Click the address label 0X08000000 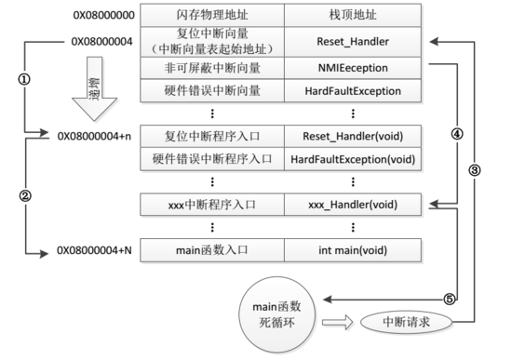point(98,16)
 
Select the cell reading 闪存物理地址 point(212,16)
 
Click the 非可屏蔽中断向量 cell point(212,69)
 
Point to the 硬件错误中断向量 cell point(212,91)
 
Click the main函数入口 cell point(212,249)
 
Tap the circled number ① point(24,79)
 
